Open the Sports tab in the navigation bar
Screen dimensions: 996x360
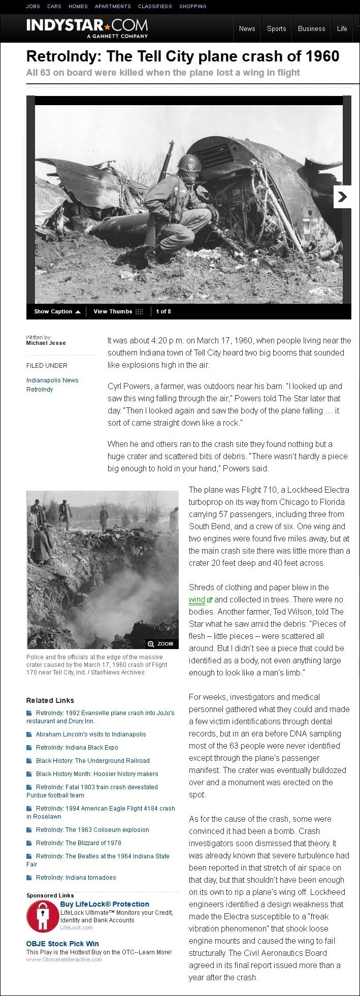tap(277, 28)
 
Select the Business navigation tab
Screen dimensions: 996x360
tap(311, 28)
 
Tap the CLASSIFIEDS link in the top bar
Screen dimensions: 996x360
tap(155, 6)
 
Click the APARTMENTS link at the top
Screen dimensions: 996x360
tap(113, 6)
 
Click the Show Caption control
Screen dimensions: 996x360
tap(57, 311)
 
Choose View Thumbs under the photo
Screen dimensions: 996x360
tap(118, 311)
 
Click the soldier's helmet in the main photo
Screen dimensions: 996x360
tap(189, 163)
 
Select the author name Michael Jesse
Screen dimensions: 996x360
tap(46, 343)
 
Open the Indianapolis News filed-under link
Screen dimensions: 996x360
tap(52, 380)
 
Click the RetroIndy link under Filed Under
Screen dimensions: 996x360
tap(40, 390)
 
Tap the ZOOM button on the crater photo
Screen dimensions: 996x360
tap(161, 644)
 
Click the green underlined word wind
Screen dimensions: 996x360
tap(197, 599)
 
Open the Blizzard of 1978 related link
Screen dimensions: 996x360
tap(78, 843)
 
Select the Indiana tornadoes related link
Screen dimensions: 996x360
tap(76, 877)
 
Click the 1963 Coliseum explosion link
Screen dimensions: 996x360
tap(92, 829)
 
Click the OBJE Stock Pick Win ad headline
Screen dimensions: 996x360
tap(62, 943)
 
